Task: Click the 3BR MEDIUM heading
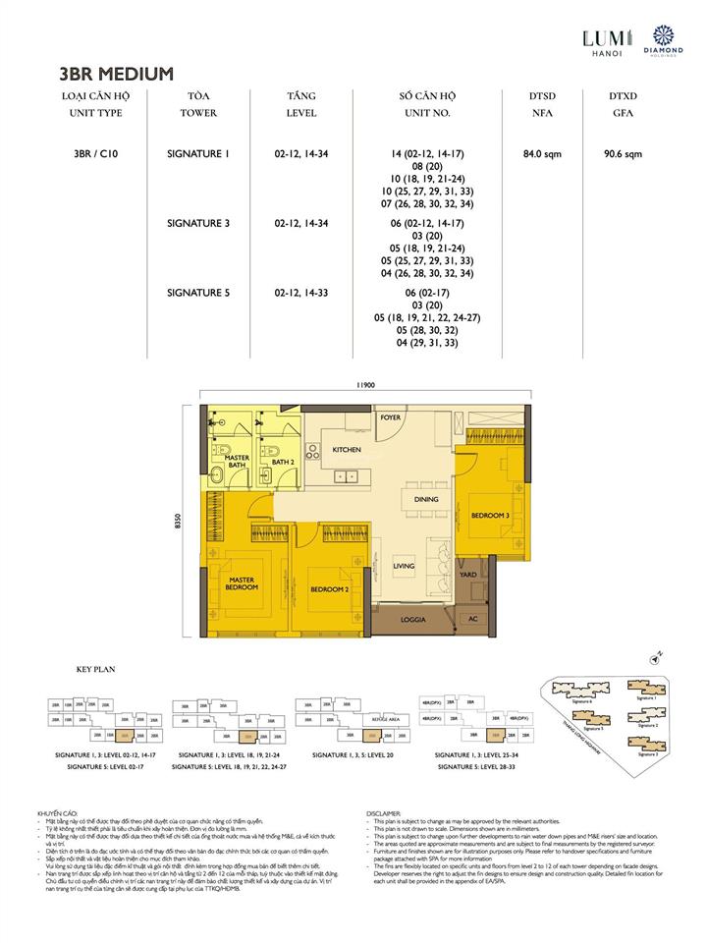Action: pyautogui.click(x=117, y=73)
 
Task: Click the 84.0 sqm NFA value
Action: pyautogui.click(x=541, y=154)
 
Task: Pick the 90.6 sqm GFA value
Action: pyautogui.click(x=623, y=154)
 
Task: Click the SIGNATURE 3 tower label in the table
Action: pyautogui.click(x=198, y=223)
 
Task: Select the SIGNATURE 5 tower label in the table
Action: pyautogui.click(x=198, y=292)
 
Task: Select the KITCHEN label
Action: pyautogui.click(x=347, y=450)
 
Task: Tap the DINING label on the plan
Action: pyautogui.click(x=425, y=499)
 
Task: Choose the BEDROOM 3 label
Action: pyautogui.click(x=489, y=515)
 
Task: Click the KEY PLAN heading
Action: pyautogui.click(x=96, y=669)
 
